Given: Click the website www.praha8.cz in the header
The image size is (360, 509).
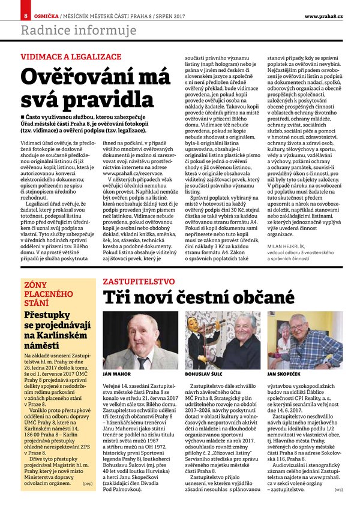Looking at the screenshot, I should [324, 15].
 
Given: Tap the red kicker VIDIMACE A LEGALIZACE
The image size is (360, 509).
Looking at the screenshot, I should [71, 56].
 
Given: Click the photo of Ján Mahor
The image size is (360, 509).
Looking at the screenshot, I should [140, 340].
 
